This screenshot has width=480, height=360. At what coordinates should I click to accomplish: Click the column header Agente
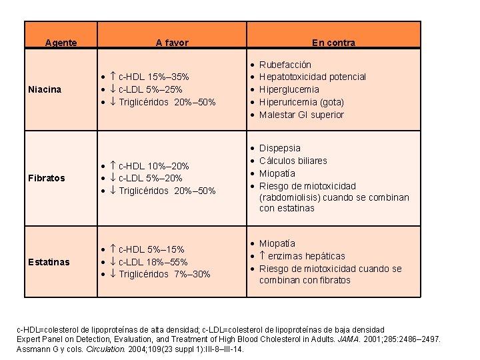61,43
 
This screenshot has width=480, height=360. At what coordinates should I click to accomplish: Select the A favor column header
172,43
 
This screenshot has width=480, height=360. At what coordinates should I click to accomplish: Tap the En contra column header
333,43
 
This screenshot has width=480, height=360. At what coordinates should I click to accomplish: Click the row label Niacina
45,89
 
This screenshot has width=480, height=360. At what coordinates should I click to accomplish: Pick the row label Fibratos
47,178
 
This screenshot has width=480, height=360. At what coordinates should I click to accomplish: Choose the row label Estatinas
49,262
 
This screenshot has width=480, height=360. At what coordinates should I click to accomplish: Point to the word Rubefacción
285,65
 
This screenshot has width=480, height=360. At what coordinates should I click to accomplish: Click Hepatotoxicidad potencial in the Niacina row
312,77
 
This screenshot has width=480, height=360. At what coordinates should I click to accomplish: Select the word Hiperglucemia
289,89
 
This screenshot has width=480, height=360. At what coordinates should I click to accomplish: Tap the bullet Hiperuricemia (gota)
301,102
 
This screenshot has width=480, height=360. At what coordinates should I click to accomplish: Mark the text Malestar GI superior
301,115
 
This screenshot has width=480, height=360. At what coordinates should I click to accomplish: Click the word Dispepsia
279,148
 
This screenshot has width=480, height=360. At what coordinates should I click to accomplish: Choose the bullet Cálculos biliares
293,161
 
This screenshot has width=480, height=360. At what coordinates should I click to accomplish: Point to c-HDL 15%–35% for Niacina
153,77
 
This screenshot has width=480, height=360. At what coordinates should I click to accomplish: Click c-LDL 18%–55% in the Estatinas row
153,262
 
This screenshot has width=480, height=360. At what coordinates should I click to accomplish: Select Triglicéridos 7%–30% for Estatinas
164,274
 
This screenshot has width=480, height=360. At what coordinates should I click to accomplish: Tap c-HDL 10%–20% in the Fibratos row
153,166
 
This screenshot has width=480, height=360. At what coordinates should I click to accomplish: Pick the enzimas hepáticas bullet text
307,256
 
